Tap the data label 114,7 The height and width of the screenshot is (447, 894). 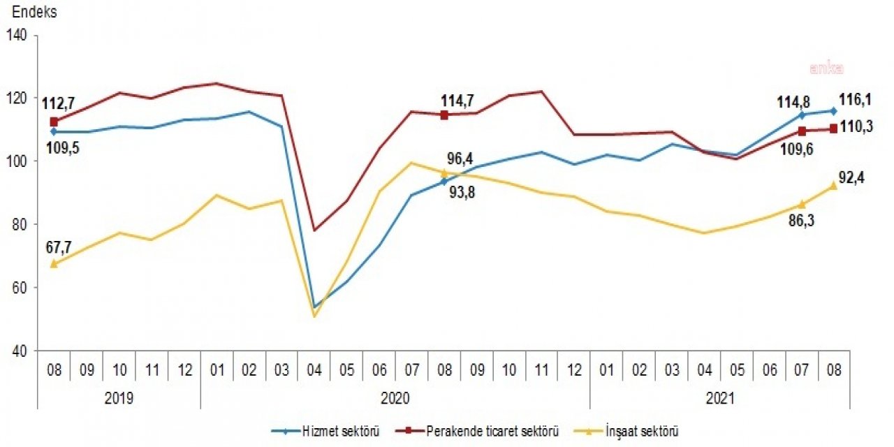tap(457, 100)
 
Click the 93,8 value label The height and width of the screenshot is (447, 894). tap(457, 193)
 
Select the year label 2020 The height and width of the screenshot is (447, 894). tap(395, 398)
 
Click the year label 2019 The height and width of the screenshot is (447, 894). tap(119, 398)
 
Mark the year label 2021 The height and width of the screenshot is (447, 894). tap(720, 398)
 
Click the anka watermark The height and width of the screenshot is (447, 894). tap(827, 68)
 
